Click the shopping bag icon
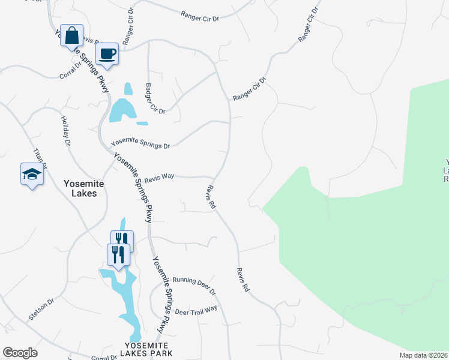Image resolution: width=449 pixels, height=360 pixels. [71, 35]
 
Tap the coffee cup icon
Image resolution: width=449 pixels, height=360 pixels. [107, 53]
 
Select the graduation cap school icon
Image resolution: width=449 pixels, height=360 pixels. [32, 174]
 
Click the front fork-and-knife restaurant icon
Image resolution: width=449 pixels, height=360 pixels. [118, 254]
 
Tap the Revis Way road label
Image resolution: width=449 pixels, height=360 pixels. [159, 176]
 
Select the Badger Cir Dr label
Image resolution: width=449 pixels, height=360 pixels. [154, 98]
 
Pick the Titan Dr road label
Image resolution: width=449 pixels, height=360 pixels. [41, 158]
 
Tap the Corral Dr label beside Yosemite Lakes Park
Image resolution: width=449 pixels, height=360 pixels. [103, 358]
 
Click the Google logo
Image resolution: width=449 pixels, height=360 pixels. [20, 353]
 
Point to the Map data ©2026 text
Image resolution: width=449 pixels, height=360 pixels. [423, 355]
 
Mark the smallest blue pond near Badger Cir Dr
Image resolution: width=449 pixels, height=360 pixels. [142, 124]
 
